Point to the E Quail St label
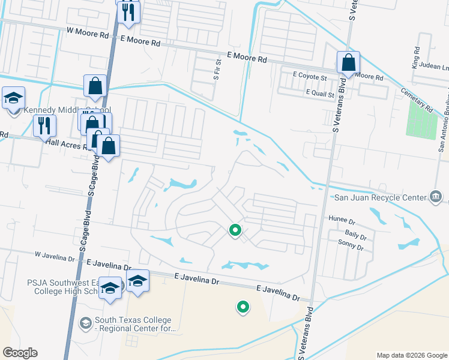point(319,94)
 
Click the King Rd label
point(415,58)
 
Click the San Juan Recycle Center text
point(379,196)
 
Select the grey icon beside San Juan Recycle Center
point(436,196)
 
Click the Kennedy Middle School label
point(67,110)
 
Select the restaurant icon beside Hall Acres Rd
point(44,126)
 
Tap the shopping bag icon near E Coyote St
point(348,62)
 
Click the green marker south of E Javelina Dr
point(243,307)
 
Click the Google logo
point(20,353)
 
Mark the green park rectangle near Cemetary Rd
point(421,119)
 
